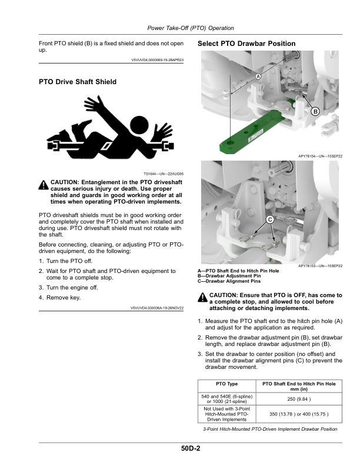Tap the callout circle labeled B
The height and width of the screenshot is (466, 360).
[x=315, y=111]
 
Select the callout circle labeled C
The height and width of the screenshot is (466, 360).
[x=270, y=219]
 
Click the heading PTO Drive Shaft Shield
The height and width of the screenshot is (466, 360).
[x=74, y=82]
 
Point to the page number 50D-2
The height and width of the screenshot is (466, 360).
[x=191, y=448]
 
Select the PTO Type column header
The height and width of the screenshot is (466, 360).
[x=228, y=383]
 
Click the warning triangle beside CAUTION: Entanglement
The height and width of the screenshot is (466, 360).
[x=43, y=185]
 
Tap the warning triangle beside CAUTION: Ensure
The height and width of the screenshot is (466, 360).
[x=202, y=295]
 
